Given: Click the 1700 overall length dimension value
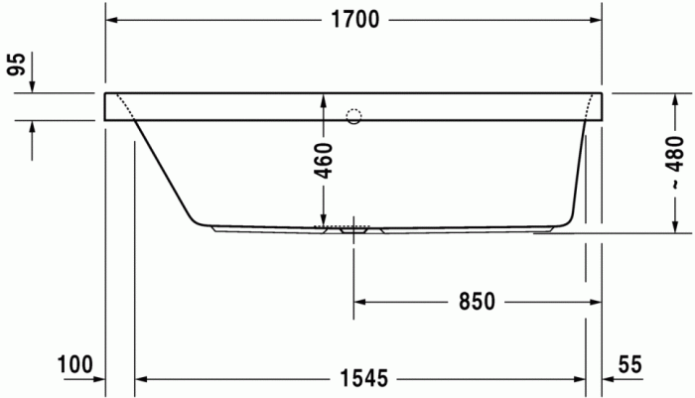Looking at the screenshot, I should [354, 21].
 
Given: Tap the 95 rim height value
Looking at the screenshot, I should [16, 66].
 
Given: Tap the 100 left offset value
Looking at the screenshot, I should [74, 364].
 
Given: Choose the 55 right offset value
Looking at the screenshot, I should [629, 364].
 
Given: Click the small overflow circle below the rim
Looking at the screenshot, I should [353, 116].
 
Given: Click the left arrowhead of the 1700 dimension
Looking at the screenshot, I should [112, 21].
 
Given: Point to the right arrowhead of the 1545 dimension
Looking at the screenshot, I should [580, 378].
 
